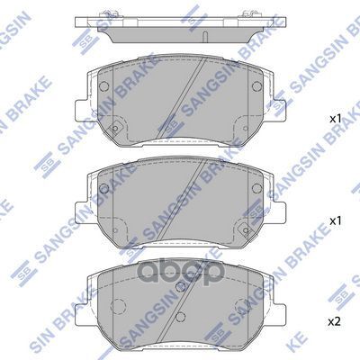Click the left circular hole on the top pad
103,87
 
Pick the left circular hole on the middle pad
103,189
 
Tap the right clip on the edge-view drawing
244,13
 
